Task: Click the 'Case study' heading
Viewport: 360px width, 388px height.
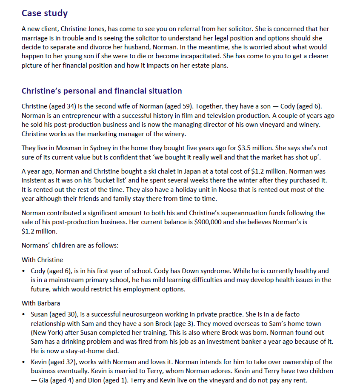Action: (x=44, y=13)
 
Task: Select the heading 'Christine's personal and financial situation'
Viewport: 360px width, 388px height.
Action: (x=101, y=91)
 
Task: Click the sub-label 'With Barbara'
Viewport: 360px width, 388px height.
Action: (x=41, y=303)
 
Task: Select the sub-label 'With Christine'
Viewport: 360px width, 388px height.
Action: (x=42, y=260)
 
